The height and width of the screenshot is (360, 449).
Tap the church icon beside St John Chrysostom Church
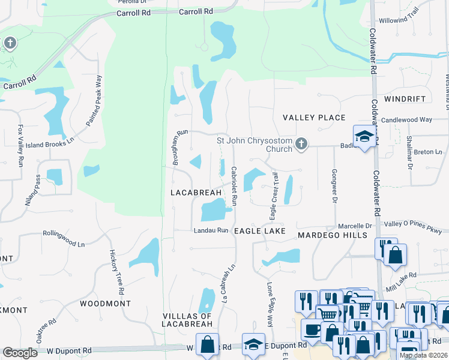[x=301, y=143]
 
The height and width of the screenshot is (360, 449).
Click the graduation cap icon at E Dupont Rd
[x=254, y=345]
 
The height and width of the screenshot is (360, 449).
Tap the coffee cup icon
[x=312, y=329]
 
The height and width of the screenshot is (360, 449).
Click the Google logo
[x=20, y=352]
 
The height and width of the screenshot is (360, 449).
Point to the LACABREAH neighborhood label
[x=196, y=193]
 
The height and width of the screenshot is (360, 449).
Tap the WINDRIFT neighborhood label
[x=405, y=98]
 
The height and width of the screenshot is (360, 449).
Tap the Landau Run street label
[x=210, y=230]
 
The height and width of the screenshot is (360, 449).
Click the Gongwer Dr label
[x=334, y=185]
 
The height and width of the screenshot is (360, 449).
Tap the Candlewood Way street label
[x=406, y=120]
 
